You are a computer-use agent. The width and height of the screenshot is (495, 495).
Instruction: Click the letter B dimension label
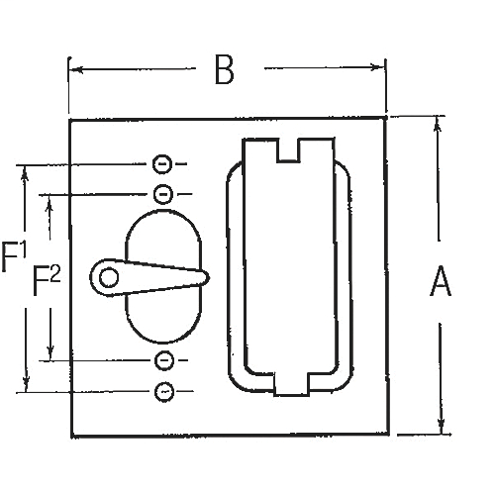tap(225, 70)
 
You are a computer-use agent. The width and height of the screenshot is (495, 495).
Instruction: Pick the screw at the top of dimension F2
tap(164, 192)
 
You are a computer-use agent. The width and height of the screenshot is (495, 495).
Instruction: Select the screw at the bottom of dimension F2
tap(164, 359)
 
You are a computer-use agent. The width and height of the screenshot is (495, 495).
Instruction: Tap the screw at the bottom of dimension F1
tap(164, 392)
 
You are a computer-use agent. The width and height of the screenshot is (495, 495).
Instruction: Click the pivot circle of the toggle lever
tap(107, 278)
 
